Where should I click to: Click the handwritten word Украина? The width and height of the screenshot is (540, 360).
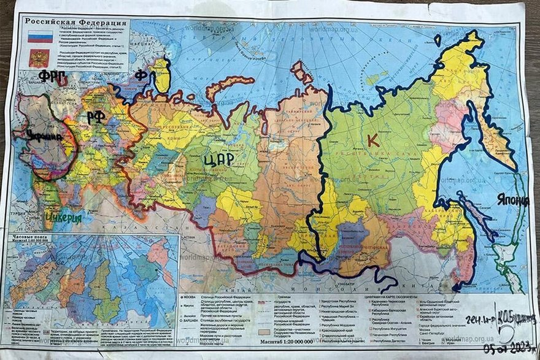[x=43, y=136]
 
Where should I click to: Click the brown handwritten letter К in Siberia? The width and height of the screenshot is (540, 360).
[x=372, y=140]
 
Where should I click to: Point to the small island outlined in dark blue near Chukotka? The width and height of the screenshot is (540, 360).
[x=437, y=40]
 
